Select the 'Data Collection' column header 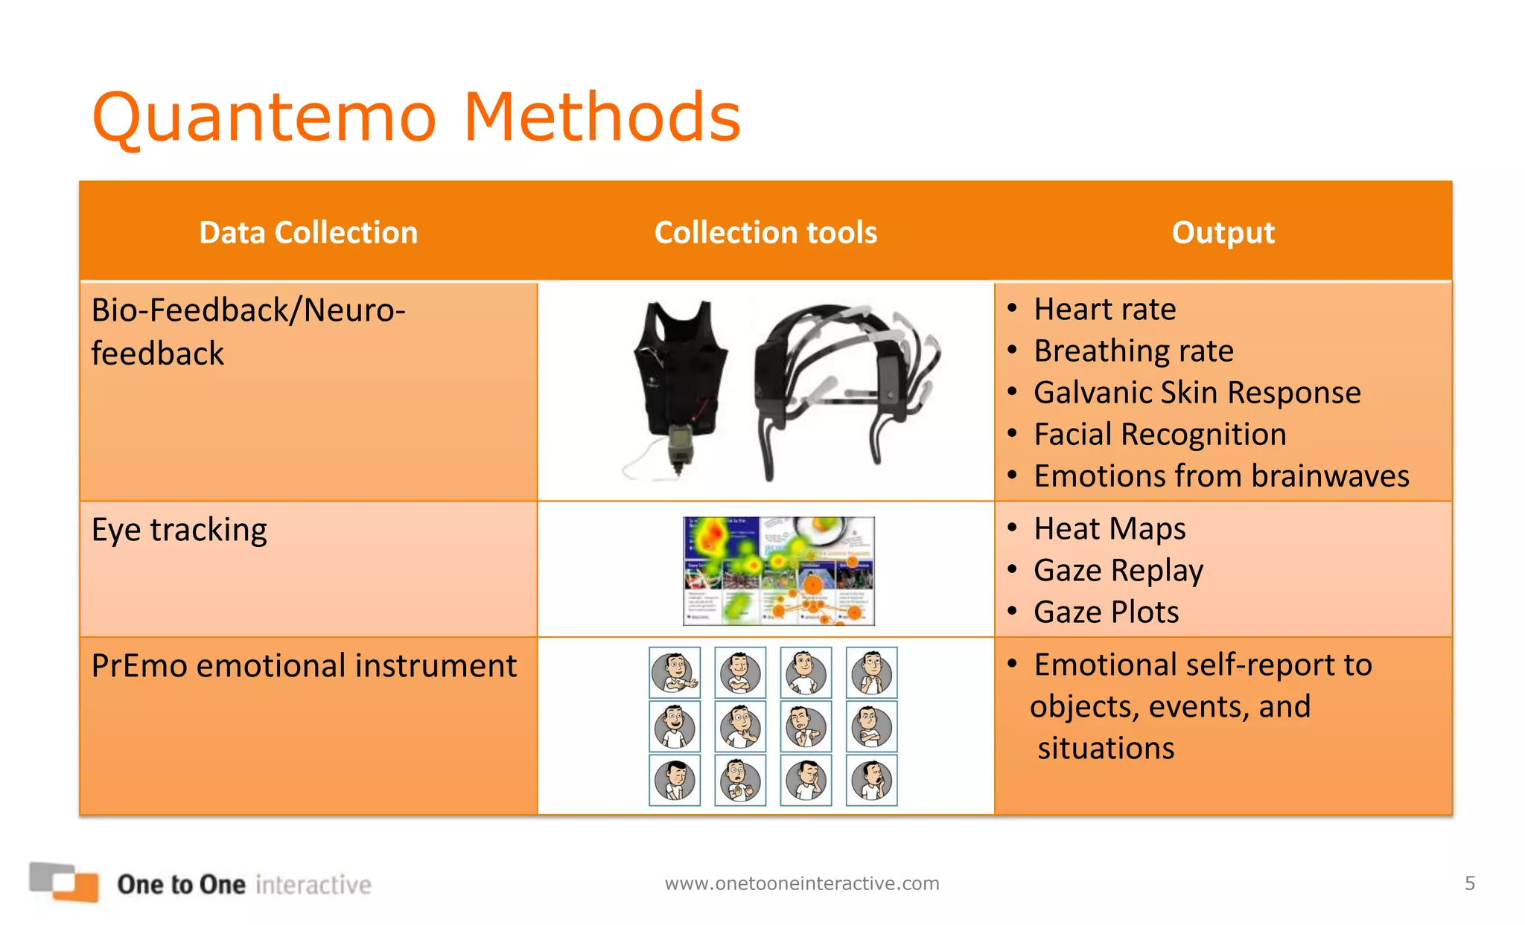point(308,233)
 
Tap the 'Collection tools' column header point(765,233)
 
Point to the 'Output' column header point(1223,233)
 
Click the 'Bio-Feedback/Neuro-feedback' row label point(248,331)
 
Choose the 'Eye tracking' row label point(179,530)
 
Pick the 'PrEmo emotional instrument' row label point(304,665)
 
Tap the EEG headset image point(845,387)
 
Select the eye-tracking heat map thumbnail point(779,571)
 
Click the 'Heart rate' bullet point(1104,309)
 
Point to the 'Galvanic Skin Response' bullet point(1197,392)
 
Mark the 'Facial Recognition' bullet point(1159,434)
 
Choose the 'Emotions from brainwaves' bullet point(1221,476)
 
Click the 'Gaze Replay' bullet point(1118,570)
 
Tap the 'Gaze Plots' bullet point(1106,612)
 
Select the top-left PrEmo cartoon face point(675,672)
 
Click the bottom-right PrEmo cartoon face point(871,780)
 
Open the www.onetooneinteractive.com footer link point(802,883)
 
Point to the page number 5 point(1469,883)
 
